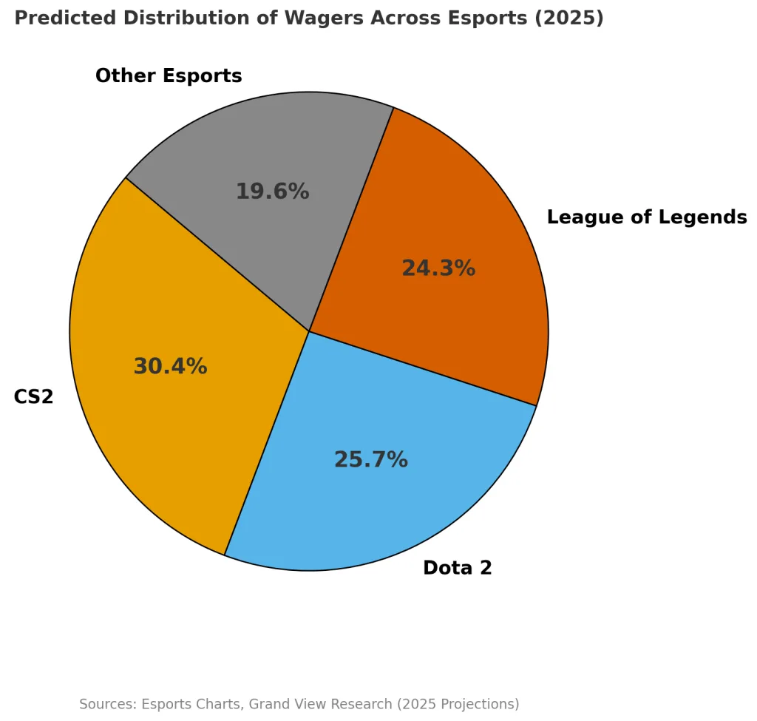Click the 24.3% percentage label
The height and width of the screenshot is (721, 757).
coord(438,268)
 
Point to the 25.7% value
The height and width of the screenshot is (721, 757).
coord(370,460)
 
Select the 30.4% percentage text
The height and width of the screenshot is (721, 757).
coord(170,367)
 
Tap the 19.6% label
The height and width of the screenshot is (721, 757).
coord(272,192)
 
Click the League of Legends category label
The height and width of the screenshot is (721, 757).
coord(646,217)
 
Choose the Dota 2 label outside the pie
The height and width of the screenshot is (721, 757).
coord(457,568)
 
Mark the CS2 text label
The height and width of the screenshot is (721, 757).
coord(33,397)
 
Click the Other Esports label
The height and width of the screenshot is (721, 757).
coord(169,76)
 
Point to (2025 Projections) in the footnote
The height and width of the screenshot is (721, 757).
coord(458,704)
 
